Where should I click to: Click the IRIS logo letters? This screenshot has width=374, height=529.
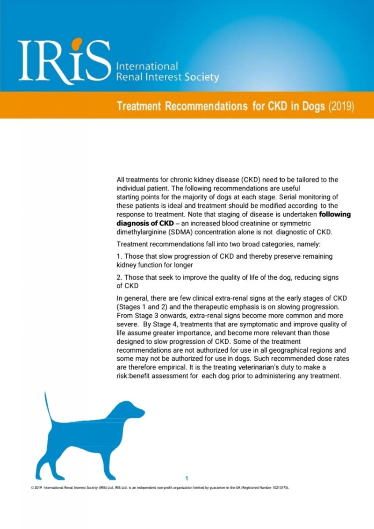click(63, 61)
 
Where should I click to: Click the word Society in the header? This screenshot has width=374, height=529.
click(201, 77)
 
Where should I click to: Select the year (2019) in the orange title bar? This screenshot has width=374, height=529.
click(341, 106)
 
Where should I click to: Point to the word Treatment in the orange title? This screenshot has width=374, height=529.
click(139, 106)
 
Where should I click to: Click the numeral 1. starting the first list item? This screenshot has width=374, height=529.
click(119, 256)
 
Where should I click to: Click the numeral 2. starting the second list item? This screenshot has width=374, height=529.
click(119, 277)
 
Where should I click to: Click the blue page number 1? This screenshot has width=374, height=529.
click(187, 478)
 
